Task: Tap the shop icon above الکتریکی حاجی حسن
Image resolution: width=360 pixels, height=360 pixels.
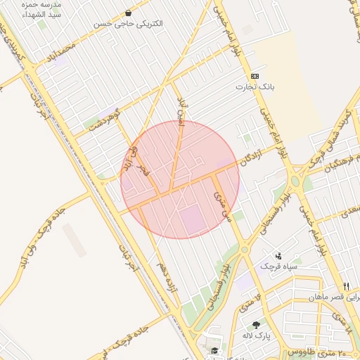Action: (x=128, y=13)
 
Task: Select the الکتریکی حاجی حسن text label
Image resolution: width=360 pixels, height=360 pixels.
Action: (x=128, y=24)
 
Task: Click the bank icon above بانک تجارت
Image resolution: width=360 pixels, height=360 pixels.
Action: (x=254, y=76)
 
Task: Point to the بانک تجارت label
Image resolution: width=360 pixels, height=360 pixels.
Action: (x=254, y=87)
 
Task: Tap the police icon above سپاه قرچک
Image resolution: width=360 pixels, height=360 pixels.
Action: (x=278, y=256)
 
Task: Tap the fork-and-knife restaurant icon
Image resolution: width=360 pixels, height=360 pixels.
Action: (x=345, y=286)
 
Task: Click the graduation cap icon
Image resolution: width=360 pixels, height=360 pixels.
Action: (x=214, y=350)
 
